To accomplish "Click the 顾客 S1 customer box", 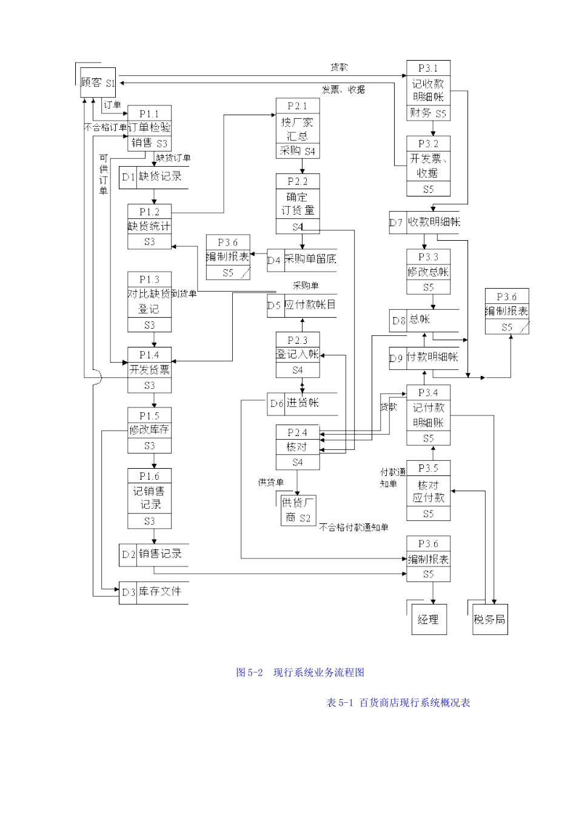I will tap(98, 82).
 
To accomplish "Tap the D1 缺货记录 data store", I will tap(153, 177).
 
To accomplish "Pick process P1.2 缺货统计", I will tap(149, 226).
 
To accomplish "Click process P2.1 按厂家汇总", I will tap(297, 128).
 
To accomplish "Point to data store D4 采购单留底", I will tap(301, 260).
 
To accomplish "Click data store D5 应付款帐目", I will tap(301, 305).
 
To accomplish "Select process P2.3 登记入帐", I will tap(297, 355).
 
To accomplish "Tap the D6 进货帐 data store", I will tap(301, 403).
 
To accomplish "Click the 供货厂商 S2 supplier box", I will tap(298, 510).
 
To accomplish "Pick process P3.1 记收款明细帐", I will tap(428, 90).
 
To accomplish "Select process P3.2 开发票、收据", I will tap(428, 166).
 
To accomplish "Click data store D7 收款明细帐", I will tap(424, 223).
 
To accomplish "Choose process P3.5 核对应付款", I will tap(428, 491).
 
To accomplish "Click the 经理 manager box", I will tap(428, 619).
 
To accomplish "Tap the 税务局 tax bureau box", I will tap(489, 619).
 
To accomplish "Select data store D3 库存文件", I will tap(153, 592).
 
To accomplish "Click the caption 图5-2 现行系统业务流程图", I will tap(300, 672).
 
